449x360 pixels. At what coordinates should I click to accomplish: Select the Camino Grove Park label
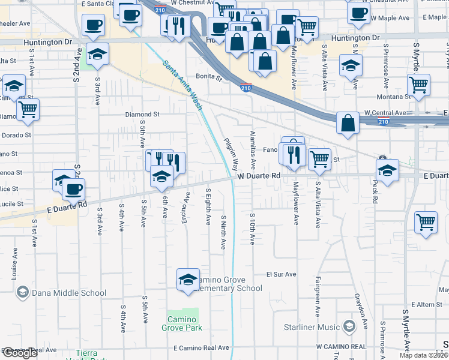tap(181, 323)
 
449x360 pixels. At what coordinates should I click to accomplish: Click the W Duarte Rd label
tap(259, 176)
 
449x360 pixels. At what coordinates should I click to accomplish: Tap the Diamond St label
tap(142, 114)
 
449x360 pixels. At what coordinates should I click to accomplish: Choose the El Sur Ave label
tap(282, 274)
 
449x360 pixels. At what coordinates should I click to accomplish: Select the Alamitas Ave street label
tap(253, 150)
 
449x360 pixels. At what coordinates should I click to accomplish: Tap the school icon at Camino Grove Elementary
tap(188, 279)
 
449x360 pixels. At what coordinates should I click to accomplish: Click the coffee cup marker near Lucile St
tap(73, 190)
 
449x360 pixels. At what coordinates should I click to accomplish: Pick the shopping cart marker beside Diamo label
tap(27, 109)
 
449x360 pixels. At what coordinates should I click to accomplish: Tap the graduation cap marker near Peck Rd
tap(387, 170)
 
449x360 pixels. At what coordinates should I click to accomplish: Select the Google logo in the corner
tap(20, 353)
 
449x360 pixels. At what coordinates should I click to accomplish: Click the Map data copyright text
tap(424, 355)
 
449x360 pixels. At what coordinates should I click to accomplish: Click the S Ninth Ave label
tap(223, 232)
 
